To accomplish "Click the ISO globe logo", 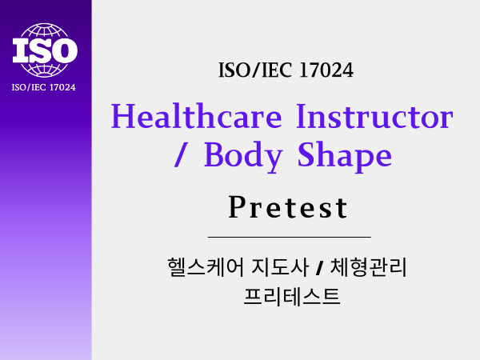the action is coord(45,50).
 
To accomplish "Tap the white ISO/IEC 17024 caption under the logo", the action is coord(43,87).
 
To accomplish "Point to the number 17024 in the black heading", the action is coord(326,70).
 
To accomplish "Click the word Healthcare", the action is coord(196,116).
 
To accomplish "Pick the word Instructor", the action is coord(374,116).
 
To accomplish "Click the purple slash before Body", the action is coord(180,154).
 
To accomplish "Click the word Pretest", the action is coord(288,207).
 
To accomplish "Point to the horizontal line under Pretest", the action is coord(290,237).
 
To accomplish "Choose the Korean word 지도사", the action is coord(280,267).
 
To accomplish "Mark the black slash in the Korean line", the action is coord(319,267).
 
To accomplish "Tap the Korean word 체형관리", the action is coord(368,267).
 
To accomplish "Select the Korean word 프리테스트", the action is coord(292,296).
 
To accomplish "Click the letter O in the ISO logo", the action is coord(64,50).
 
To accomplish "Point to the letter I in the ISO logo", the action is coord(19,51).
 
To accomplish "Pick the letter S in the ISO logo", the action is coord(38,50).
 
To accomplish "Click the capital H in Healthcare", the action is coord(122,116).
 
